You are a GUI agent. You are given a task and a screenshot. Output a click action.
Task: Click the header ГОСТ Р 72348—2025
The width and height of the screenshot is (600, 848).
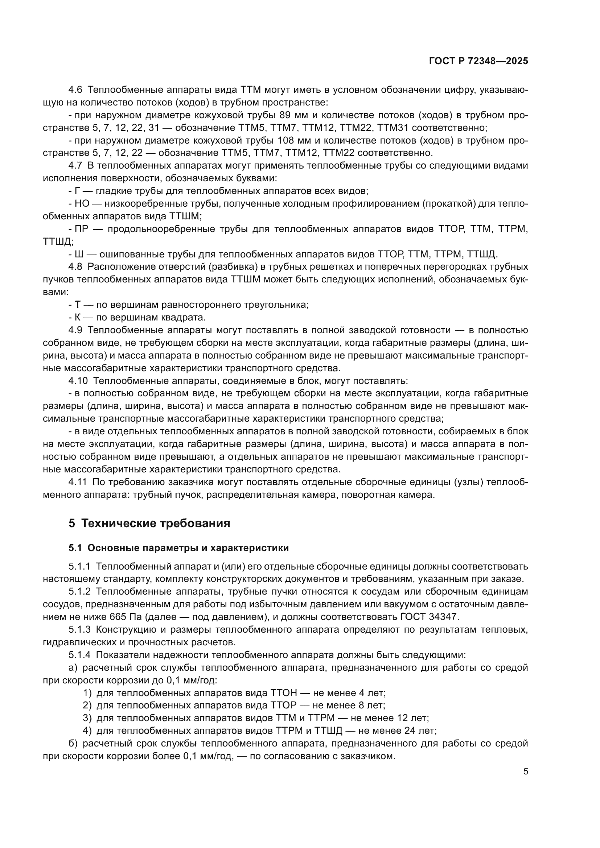[x=478, y=61]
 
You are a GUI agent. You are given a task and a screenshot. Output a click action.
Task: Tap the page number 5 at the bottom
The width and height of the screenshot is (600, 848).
[x=525, y=772]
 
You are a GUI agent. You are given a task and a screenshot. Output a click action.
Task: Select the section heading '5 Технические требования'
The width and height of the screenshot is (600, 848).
[x=149, y=524]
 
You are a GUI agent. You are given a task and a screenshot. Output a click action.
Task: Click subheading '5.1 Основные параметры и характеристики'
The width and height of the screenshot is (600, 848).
[x=178, y=548]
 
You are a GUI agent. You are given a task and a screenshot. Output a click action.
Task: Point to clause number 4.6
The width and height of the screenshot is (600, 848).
[x=76, y=90]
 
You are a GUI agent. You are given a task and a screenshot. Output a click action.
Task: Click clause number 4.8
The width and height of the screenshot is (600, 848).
[x=76, y=267]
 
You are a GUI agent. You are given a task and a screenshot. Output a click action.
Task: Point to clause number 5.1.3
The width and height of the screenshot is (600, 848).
[x=79, y=629]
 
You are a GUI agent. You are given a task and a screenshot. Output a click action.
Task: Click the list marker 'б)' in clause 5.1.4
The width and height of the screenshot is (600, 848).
[x=73, y=743]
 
